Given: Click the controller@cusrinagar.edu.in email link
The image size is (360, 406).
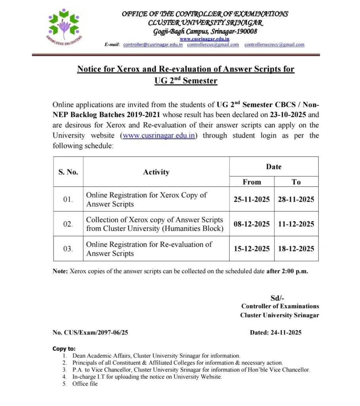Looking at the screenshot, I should click(x=153, y=45).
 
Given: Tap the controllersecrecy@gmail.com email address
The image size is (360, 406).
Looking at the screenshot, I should click(x=274, y=45).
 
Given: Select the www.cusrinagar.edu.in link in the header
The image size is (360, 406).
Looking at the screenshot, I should click(x=204, y=39).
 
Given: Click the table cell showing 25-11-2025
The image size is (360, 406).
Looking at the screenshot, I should click(x=252, y=199).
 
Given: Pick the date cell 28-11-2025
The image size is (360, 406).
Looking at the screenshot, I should click(x=296, y=199).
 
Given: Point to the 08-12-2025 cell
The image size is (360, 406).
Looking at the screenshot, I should click(x=252, y=224).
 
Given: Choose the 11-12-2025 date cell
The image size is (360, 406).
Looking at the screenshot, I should click(x=296, y=224).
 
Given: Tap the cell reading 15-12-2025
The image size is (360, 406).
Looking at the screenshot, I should click(x=252, y=249).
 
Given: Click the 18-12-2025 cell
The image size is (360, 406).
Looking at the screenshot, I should click(x=296, y=249).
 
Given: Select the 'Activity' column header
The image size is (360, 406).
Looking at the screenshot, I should click(x=156, y=172).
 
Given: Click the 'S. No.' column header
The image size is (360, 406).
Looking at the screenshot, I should click(x=68, y=172).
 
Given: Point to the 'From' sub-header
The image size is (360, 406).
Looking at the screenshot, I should click(x=252, y=182).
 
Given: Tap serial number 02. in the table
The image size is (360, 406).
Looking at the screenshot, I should click(x=68, y=224).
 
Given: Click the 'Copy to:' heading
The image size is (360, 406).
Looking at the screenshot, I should click(x=64, y=349).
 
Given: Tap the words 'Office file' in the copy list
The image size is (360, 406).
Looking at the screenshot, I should click(x=85, y=384).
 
